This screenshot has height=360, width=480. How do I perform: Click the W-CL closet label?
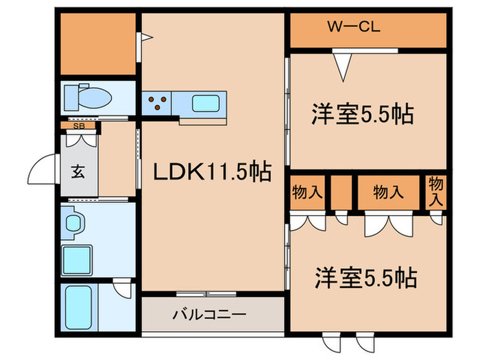pyautogui.click(x=353, y=28)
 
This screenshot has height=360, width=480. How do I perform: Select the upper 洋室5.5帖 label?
pyautogui.click(x=363, y=114)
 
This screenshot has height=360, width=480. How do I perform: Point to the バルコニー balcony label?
pyautogui.click(x=209, y=316)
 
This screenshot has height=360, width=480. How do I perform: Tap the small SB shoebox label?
pyautogui.click(x=79, y=126)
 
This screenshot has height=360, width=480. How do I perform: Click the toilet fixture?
pyautogui.click(x=88, y=98)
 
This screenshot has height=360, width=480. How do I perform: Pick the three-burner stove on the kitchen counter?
pyautogui.click(x=157, y=104)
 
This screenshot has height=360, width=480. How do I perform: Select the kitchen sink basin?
pyautogui.click(x=206, y=104)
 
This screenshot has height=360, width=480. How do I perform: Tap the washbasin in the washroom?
pyautogui.click(x=74, y=224)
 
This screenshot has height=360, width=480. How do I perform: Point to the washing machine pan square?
pyautogui.click(x=81, y=259)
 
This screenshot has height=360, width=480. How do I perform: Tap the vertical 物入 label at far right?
pyautogui.click(x=436, y=190)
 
